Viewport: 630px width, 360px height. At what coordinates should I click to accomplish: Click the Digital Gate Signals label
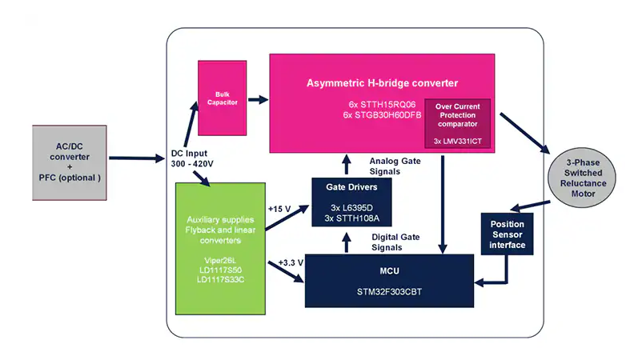click(396, 242)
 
